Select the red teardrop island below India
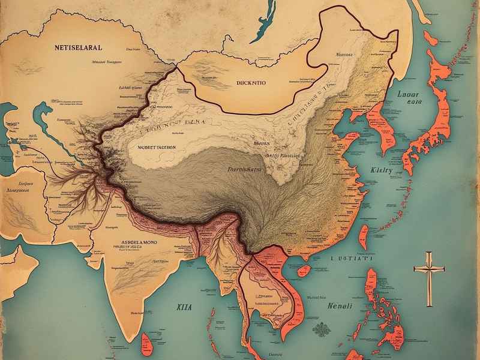(x=146, y=343)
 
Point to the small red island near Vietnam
(x=304, y=271)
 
